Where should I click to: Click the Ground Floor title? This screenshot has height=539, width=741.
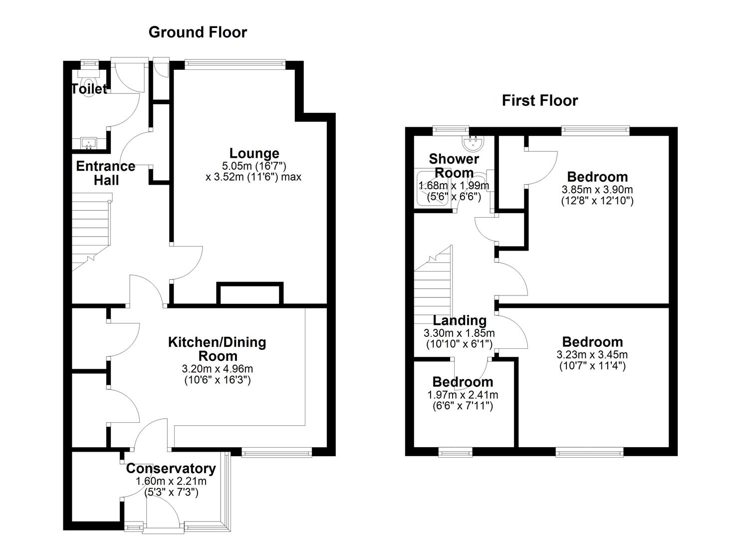tap(198, 32)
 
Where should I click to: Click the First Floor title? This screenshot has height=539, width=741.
tap(539, 100)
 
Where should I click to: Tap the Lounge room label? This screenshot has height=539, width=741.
tap(254, 153)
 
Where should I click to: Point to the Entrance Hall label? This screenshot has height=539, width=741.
tap(105, 173)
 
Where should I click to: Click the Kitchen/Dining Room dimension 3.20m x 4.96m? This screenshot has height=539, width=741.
tap(218, 369)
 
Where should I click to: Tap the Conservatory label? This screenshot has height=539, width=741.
tap(171, 469)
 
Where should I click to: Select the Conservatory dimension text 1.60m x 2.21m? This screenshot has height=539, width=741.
tap(171, 482)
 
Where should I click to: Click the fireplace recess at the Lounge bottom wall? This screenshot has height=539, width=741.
tap(250, 294)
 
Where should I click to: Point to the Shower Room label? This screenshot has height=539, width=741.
tap(454, 166)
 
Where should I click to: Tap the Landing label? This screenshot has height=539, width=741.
tap(459, 320)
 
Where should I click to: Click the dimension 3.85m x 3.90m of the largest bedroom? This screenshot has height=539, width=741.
tap(597, 190)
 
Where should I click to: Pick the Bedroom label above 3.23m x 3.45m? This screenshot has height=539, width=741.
tap(592, 342)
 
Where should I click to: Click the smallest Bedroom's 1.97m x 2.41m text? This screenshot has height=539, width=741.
tap(462, 395)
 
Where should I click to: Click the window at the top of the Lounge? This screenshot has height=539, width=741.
tap(235, 63)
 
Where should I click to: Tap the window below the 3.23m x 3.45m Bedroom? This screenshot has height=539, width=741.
tap(589, 452)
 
